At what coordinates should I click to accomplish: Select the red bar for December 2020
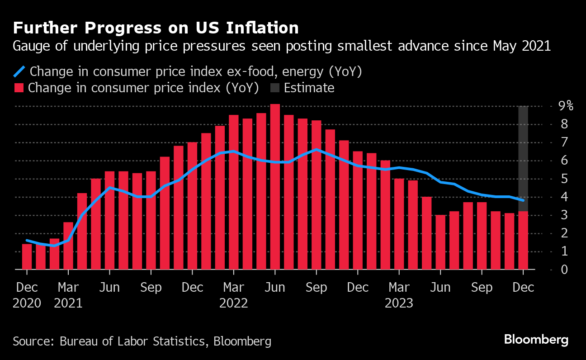(x=27, y=256)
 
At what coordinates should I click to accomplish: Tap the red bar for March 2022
(x=233, y=192)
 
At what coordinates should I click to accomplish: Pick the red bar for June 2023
(x=440, y=242)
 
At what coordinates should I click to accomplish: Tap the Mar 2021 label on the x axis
(x=68, y=295)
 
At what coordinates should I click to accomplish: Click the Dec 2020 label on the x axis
(x=27, y=295)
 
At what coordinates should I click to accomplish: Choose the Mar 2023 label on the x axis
(x=399, y=295)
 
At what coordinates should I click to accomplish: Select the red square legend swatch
(x=19, y=88)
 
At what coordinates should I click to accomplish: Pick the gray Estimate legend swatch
(x=274, y=88)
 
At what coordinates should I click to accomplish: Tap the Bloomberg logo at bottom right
(x=536, y=340)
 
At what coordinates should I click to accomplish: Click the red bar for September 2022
(x=317, y=195)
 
